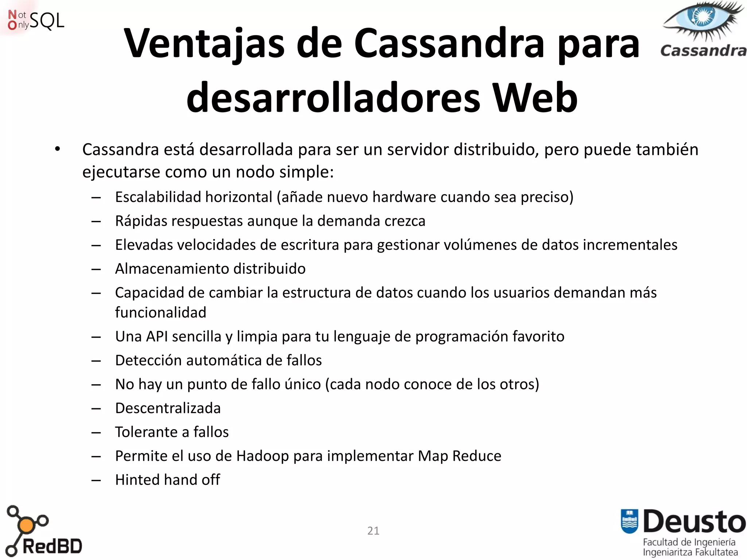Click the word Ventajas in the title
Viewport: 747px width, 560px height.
(x=204, y=44)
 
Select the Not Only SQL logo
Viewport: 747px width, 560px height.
(x=36, y=20)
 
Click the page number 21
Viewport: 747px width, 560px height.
(x=373, y=530)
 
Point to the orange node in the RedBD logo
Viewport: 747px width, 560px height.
(x=26, y=525)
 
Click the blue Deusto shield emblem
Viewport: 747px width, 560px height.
(x=629, y=521)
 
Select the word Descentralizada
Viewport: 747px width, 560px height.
(x=168, y=408)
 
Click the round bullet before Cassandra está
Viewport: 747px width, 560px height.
(x=57, y=149)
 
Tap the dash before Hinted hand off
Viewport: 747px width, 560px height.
(x=96, y=481)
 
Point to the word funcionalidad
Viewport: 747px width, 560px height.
(x=160, y=312)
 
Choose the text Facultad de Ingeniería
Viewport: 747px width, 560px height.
(x=689, y=542)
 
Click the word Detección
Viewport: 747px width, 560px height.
(x=148, y=360)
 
